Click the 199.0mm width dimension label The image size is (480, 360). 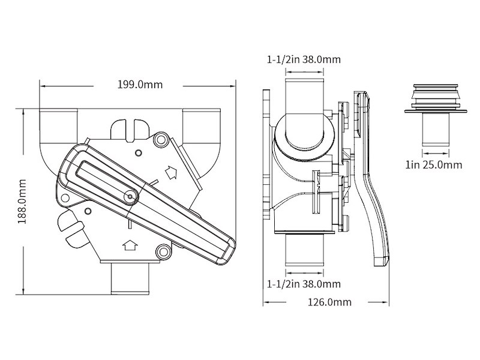click(140, 85)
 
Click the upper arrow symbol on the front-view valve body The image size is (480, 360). click(172, 172)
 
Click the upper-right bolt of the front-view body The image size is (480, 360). click(160, 140)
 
